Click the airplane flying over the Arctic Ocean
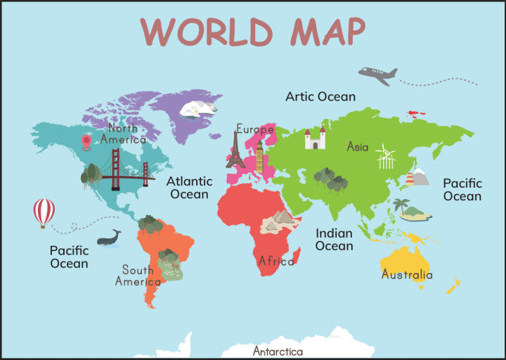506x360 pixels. pos(377,75)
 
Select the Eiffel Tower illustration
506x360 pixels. pos(235,149)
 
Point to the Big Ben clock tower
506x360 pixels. pos(259,156)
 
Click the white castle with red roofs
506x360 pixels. pos(315,139)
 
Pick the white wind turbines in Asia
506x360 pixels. pos(385,157)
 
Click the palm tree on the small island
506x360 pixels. pos(401,206)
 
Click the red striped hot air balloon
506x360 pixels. pos(44,212)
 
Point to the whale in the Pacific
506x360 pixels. pos(109,238)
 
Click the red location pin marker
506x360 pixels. pos(86,142)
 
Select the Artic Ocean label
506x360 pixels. pos(320,96)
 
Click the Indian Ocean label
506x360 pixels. pos(334,240)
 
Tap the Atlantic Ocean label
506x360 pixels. pos(188,188)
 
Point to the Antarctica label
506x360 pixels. pos(278,352)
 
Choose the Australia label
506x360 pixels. pos(406,275)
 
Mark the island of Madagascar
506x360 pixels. pos(297,256)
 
